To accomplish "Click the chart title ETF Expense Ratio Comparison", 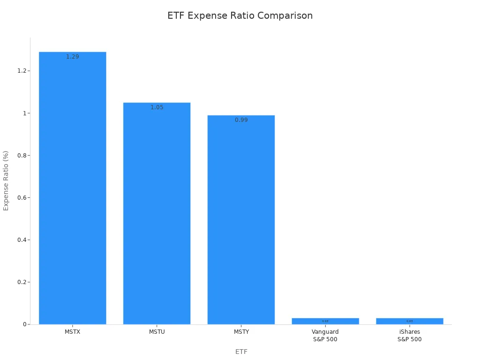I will click(240, 15).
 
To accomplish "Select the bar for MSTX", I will click(72, 187).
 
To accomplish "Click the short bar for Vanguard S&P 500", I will click(325, 321).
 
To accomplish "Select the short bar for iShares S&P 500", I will click(410, 321).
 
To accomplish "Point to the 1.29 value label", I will click(72, 57).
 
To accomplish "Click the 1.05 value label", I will click(157, 107).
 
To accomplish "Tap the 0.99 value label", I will click(241, 120).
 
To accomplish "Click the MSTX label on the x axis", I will click(72, 332).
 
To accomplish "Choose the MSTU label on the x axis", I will click(157, 332).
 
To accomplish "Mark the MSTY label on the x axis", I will click(241, 332).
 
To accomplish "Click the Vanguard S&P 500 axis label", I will click(325, 336).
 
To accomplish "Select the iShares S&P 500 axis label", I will click(410, 336).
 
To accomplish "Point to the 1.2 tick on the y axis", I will click(22, 71).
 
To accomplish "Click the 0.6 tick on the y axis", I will click(22, 197).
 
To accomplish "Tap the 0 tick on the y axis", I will click(24, 324).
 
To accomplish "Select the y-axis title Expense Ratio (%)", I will click(6, 180).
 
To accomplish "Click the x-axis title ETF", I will click(241, 352).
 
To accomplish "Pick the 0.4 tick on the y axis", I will click(22, 240).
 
